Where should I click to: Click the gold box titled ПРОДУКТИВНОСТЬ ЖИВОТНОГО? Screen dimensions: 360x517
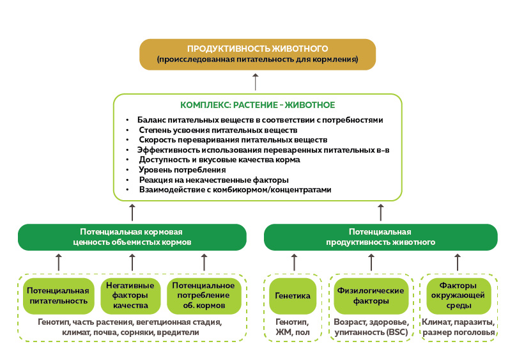click(258, 54)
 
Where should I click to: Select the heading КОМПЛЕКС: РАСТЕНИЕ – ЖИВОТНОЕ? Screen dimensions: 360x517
click(258, 105)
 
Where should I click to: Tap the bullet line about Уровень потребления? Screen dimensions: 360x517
click(182, 170)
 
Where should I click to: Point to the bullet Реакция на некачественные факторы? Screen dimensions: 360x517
click(213, 180)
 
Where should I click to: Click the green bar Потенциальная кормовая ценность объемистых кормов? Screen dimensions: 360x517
click(132, 237)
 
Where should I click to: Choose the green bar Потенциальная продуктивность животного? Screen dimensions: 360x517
click(380, 237)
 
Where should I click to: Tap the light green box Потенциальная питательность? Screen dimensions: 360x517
click(57, 295)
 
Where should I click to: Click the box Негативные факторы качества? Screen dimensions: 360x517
click(131, 295)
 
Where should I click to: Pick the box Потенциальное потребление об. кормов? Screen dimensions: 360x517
click(203, 295)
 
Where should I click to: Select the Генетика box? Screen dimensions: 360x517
click(293, 296)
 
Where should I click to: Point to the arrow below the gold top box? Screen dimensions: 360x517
click(256, 82)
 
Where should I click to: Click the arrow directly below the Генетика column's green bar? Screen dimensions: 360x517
click(294, 262)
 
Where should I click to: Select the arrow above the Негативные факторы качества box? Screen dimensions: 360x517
click(132, 262)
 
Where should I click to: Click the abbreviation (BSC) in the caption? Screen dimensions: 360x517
click(395, 333)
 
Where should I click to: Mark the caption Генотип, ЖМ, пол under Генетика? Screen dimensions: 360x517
click(293, 327)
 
